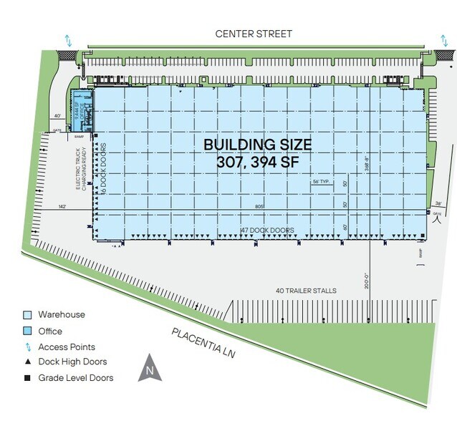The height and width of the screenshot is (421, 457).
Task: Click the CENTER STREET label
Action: tap(255, 34)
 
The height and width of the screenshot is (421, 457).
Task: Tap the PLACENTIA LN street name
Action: tap(203, 343)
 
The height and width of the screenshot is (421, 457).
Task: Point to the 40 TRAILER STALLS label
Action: tap(306, 291)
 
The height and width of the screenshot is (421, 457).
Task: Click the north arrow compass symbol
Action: tap(150, 368)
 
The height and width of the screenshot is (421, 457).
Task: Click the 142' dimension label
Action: tap(62, 208)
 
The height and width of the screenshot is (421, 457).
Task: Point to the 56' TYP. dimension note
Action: tap(322, 183)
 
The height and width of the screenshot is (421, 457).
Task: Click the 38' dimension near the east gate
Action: tap(438, 203)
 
